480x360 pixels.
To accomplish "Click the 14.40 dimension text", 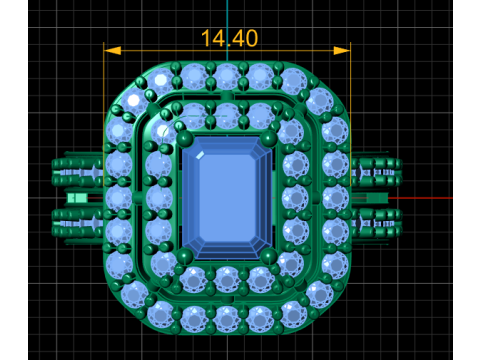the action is (x=229, y=38).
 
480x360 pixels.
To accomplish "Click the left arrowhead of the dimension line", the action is (x=112, y=51).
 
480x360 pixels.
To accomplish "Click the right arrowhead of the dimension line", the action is (x=342, y=51).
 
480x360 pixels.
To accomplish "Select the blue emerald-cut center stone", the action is (x=227, y=198).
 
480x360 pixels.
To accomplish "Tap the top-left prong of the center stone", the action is (x=184, y=138).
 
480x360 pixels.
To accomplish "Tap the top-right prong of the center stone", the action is (x=269, y=138).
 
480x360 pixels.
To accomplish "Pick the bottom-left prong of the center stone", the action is (x=184, y=257).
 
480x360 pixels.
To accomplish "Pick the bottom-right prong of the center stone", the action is (x=269, y=257).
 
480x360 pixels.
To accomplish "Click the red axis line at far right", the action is (x=421, y=198).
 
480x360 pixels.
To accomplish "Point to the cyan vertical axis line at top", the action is (x=227, y=31).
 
